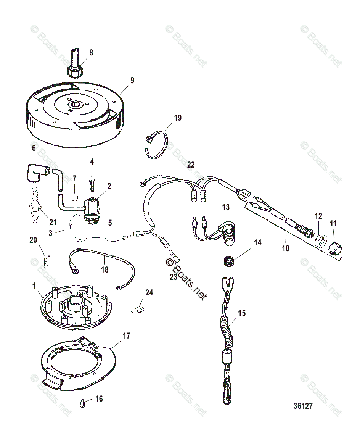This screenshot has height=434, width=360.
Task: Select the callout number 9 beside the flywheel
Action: point(132,81)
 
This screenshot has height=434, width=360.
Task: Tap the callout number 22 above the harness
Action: point(191,165)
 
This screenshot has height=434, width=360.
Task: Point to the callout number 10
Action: point(286,248)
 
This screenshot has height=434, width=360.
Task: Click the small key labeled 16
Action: point(82,403)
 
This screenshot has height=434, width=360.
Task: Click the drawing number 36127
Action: point(303,406)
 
